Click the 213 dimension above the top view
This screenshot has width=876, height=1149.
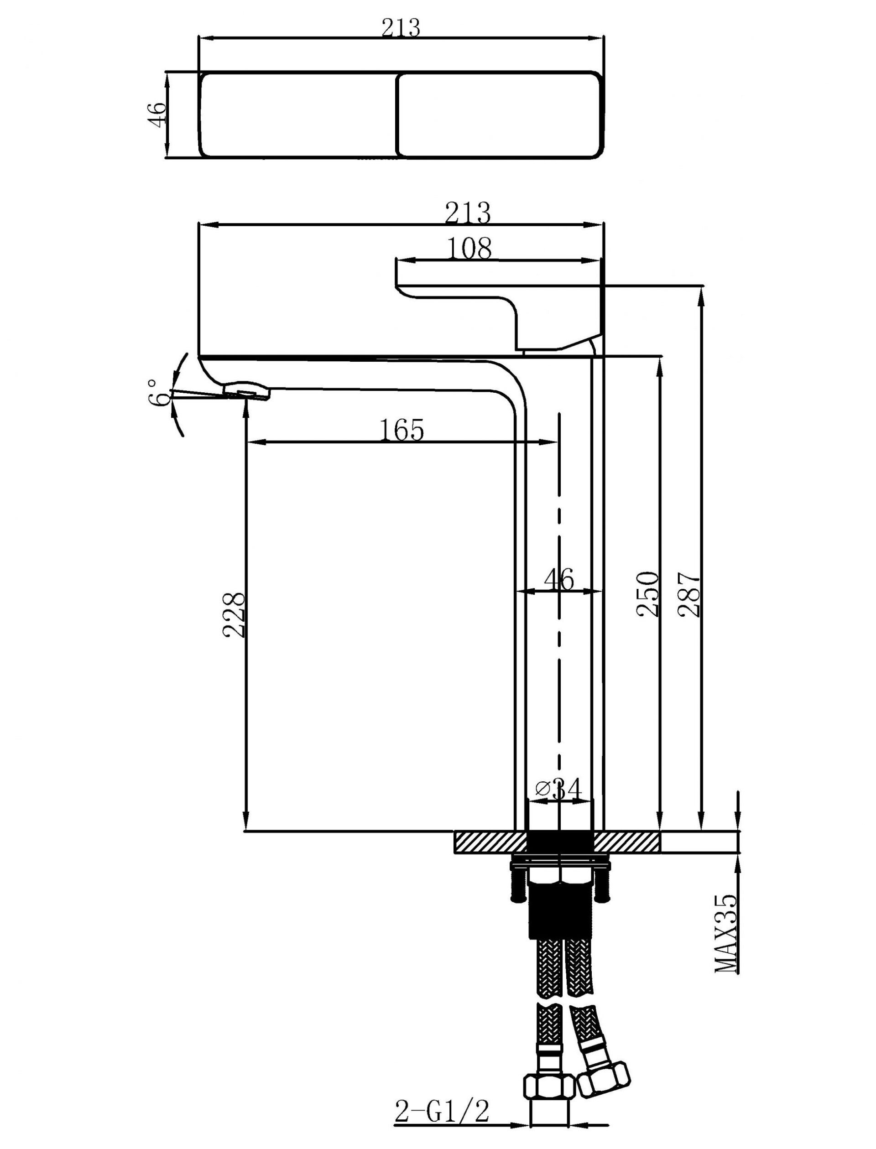click(401, 28)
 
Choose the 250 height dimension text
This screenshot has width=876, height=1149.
click(648, 594)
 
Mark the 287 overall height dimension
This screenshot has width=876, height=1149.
click(689, 594)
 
